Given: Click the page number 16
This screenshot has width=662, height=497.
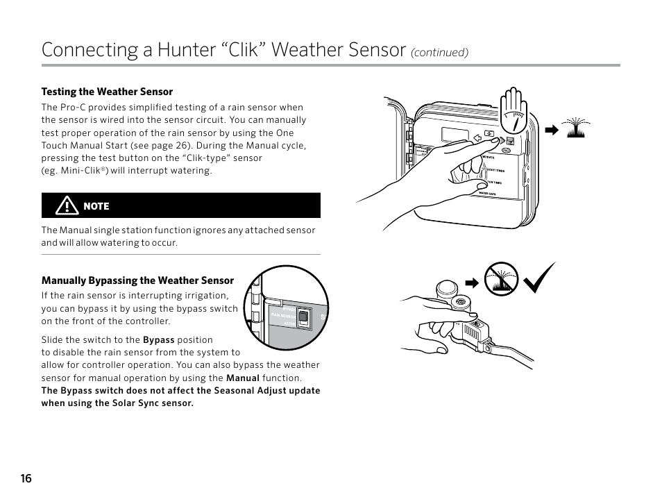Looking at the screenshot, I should [x=26, y=478].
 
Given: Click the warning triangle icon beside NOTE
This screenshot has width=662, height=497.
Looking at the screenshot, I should [x=67, y=205].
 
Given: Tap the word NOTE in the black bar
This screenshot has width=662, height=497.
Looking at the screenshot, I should [x=96, y=206].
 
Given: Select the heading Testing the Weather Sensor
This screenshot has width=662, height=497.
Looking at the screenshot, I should [x=107, y=92].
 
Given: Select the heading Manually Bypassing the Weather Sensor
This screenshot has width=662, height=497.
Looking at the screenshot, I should [x=137, y=280].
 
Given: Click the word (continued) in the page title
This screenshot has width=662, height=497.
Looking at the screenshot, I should [x=440, y=53].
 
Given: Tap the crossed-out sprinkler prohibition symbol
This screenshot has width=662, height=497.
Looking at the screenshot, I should [x=501, y=280].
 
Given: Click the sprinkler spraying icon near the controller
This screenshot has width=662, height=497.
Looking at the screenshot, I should [x=575, y=128].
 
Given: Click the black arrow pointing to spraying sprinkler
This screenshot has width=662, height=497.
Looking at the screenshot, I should [x=551, y=129].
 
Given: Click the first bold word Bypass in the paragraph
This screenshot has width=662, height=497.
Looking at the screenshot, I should [x=158, y=340].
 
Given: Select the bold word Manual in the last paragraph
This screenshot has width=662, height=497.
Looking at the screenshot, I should [x=243, y=378].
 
